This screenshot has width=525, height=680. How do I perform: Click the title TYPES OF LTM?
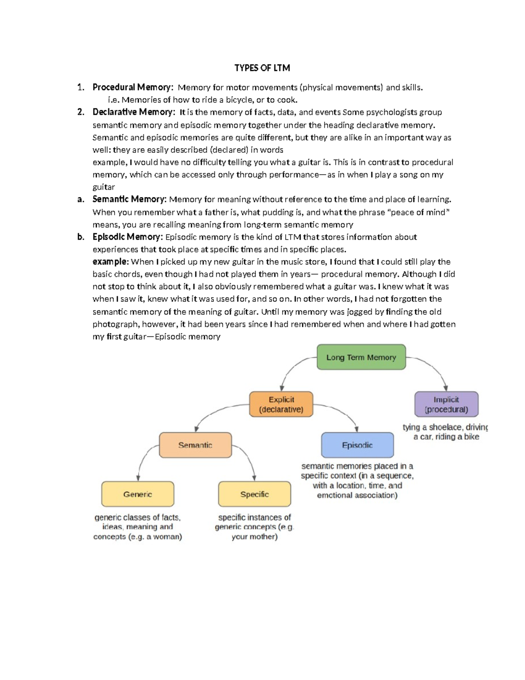tap(262, 68)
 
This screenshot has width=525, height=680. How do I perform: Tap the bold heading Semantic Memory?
tap(129, 199)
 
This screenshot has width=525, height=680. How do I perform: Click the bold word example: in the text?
tap(111, 262)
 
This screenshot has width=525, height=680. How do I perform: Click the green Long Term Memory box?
tap(361, 357)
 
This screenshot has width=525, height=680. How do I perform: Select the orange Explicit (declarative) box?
tap(281, 404)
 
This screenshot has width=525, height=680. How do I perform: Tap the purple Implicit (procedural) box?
tap(446, 404)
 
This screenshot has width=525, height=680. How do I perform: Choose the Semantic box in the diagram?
tap(195, 445)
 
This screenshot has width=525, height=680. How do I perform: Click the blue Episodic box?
tap(357, 445)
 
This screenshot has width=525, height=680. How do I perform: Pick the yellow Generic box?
tap(137, 494)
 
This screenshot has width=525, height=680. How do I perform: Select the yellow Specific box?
tap(254, 494)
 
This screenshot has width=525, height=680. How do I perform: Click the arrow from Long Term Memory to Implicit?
tap(433, 368)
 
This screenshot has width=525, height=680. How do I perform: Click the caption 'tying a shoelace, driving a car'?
tap(445, 432)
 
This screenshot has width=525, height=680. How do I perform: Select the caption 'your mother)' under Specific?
tap(254, 537)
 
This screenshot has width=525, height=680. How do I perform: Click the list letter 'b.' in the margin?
tap(80, 237)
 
